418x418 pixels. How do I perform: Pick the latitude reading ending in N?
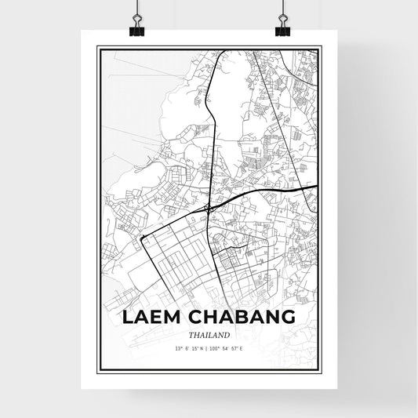coord(186,347)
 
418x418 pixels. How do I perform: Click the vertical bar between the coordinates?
coord(208,347)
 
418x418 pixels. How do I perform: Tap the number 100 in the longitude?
coord(220,347)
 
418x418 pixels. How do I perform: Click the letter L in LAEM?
coord(127,318)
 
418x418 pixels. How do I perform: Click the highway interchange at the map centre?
coord(208,208)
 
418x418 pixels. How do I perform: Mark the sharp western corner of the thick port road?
coord(142,235)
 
